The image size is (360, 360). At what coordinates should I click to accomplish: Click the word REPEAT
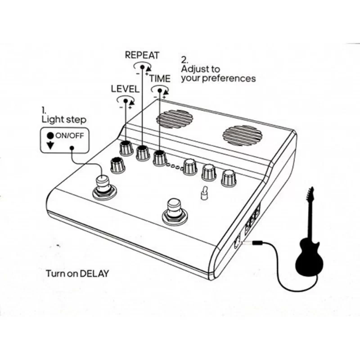[x=142, y=55]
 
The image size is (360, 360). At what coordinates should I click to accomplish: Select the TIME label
[x=160, y=78]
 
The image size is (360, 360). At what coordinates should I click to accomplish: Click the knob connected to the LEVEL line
[x=125, y=148]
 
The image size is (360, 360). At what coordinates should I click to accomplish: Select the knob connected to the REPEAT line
[x=143, y=153]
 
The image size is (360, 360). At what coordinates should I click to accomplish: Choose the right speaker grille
[x=242, y=135]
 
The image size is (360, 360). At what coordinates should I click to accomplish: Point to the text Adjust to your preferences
[x=218, y=74]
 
